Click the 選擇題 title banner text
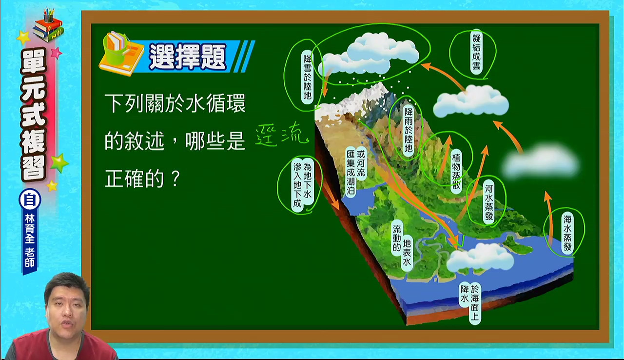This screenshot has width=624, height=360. click(188, 57)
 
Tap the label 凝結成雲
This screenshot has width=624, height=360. click(476, 52)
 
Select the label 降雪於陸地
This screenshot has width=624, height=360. click(308, 77)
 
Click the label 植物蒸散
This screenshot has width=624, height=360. click(456, 171)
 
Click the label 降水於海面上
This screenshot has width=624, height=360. click(469, 304)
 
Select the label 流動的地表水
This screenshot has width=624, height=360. click(402, 245)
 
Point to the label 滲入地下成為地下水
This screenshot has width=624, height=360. click(302, 184)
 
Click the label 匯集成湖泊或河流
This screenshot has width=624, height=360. click(356, 172)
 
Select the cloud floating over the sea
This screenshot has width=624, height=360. click(480, 258)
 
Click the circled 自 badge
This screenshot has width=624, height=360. click(30, 200)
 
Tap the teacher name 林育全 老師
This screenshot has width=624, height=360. click(30, 240)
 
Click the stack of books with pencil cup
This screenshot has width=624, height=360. click(48, 26)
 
